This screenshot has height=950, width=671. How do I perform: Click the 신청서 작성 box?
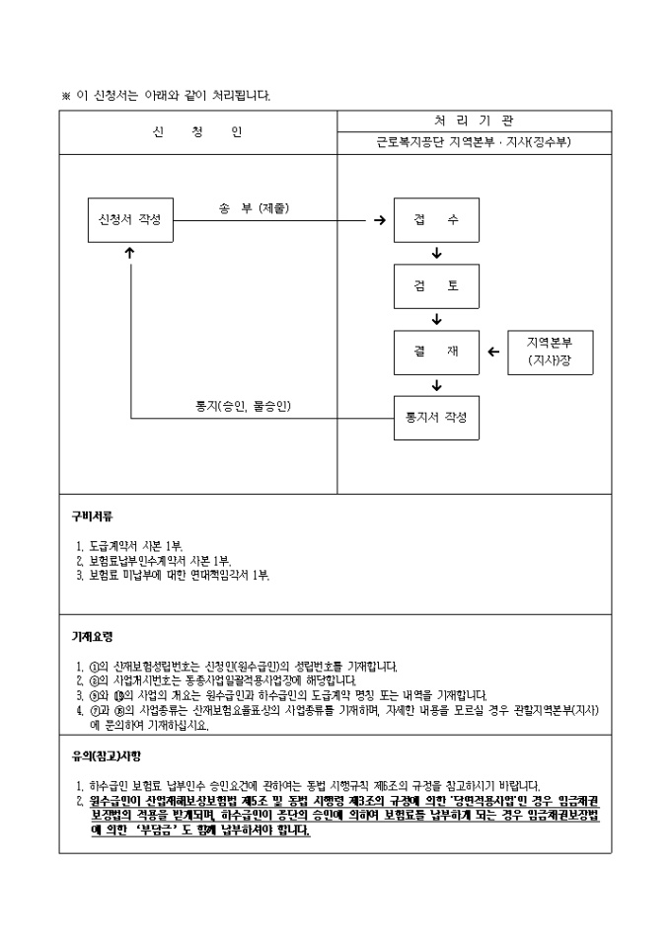[130, 218]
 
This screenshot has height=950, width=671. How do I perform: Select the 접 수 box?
[436, 219]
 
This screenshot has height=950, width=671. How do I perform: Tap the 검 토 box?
[436, 285]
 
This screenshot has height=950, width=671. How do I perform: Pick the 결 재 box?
[436, 352]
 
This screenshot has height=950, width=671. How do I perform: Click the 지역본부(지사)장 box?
[549, 352]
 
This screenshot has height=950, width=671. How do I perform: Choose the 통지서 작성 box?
[436, 418]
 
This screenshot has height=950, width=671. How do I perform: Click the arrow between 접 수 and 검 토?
[436, 253]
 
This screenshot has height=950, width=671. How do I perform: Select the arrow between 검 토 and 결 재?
[436, 319]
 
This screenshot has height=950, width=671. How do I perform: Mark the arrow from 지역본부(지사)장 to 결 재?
[494, 352]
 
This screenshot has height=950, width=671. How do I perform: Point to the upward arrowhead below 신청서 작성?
[130, 253]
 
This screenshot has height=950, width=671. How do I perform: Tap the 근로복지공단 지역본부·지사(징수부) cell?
[474, 142]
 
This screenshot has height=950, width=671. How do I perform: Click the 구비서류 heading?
[92, 515]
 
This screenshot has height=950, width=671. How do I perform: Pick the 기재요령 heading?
[92, 637]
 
